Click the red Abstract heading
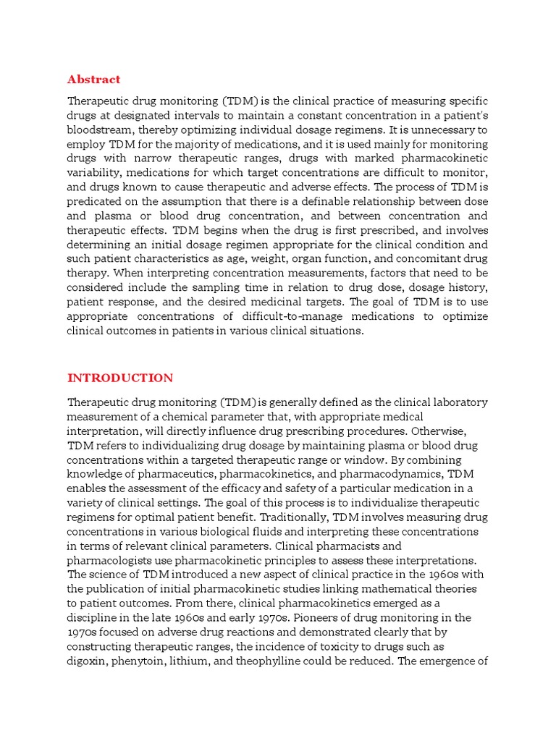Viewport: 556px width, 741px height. click(x=93, y=80)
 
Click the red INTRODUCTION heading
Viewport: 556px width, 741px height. click(x=119, y=378)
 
